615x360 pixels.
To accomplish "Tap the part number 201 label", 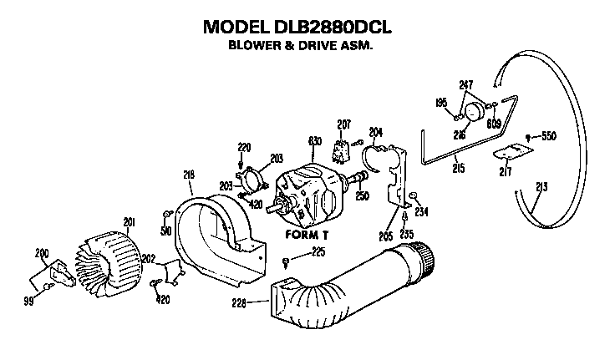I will (x=128, y=222).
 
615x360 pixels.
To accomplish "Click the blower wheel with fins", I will (x=111, y=254).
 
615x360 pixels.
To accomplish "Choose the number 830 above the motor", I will (x=315, y=143).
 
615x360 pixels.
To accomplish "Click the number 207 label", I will (x=343, y=124).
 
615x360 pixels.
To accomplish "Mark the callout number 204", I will (x=375, y=131).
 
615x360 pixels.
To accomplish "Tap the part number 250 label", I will (x=363, y=196).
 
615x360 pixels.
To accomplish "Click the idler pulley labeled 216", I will (x=474, y=112).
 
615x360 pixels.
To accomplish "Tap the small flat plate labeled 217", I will (x=511, y=150).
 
